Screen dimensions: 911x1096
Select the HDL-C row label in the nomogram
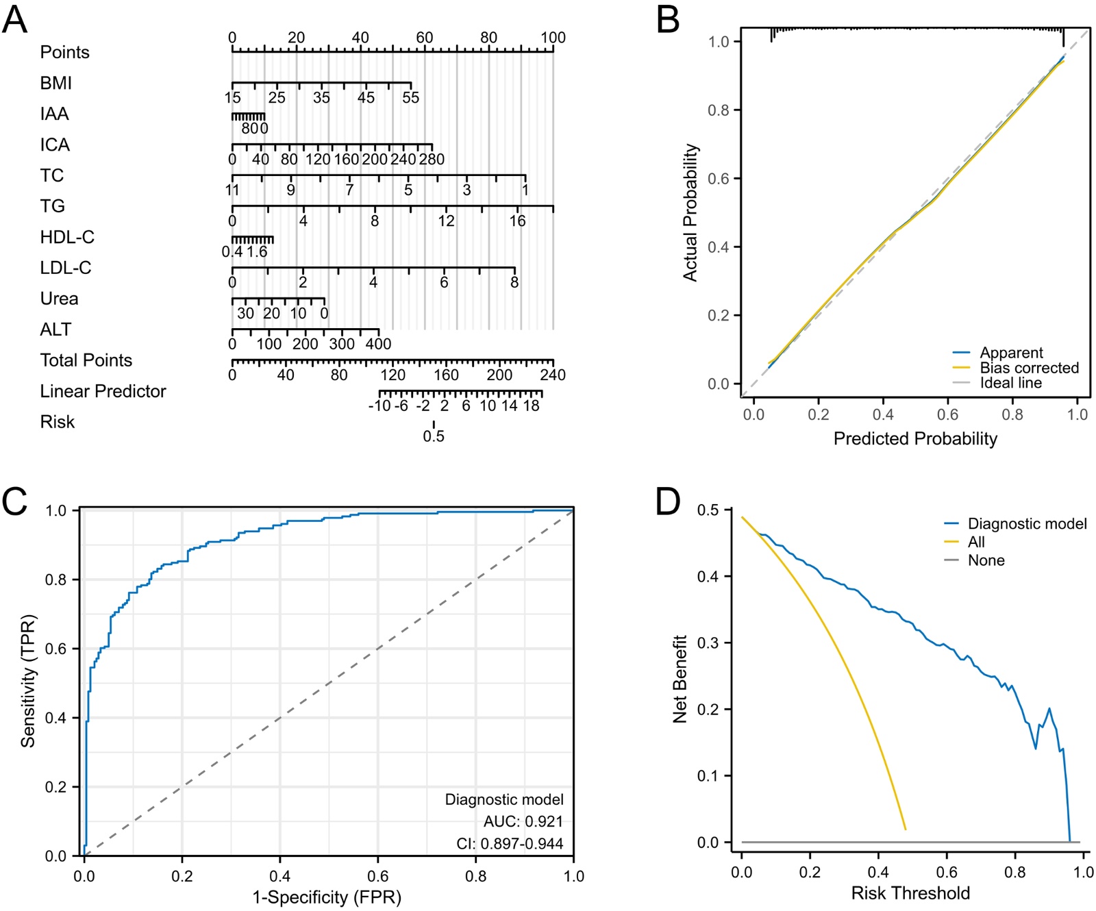(x=67, y=237)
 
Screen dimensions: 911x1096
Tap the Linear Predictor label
(x=103, y=391)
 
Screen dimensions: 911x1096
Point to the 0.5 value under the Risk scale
(x=434, y=436)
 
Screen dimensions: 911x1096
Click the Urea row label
(x=59, y=299)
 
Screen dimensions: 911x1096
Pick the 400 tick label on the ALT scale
(x=378, y=344)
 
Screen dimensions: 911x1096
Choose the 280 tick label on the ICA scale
(x=432, y=160)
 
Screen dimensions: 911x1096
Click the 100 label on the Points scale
(x=553, y=38)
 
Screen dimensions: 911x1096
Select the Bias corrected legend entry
(x=1029, y=368)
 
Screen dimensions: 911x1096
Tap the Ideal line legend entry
(x=1010, y=383)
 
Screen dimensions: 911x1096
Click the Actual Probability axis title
(x=690, y=212)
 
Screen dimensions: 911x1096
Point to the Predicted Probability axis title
(x=915, y=439)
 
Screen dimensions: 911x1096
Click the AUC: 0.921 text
(x=523, y=821)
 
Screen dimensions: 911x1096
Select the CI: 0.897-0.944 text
(x=510, y=844)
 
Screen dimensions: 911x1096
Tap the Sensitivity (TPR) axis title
(x=28, y=682)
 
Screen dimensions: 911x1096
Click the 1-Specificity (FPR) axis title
(x=327, y=897)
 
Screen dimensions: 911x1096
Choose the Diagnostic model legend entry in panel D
(x=1027, y=524)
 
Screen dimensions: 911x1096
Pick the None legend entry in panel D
(x=986, y=560)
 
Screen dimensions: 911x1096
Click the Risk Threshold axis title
(x=910, y=893)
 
